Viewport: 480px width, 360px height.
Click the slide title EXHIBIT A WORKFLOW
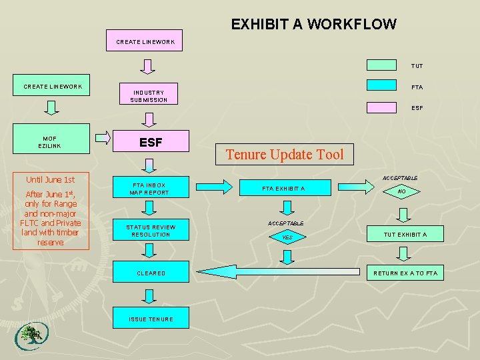click(313, 25)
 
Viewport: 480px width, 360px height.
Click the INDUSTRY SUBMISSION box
click(149, 96)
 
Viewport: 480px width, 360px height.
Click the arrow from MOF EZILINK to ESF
click(103, 139)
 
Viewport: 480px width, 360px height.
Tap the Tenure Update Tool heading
click(285, 155)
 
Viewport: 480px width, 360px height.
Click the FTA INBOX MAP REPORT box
click(151, 189)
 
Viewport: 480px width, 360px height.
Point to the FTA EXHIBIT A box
click(283, 189)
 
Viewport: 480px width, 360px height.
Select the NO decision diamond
click(401, 191)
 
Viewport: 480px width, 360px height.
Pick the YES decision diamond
click(287, 237)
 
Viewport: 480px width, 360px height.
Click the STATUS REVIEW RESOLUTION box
click(151, 231)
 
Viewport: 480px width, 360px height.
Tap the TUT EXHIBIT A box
click(405, 234)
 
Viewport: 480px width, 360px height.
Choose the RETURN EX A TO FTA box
click(405, 273)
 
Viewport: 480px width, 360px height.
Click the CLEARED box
click(151, 273)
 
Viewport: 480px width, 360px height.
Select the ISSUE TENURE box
click(151, 319)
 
